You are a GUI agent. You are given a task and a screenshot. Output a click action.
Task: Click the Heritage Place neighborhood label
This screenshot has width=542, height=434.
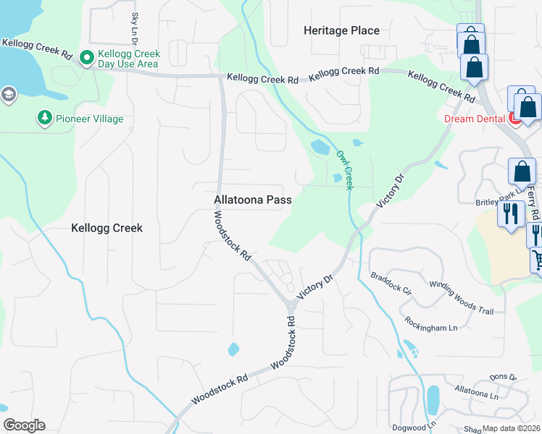click(341, 30)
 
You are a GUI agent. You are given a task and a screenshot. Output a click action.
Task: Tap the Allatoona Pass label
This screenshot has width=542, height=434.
click(253, 200)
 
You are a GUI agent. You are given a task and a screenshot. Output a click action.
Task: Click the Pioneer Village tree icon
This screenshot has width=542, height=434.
click(44, 118)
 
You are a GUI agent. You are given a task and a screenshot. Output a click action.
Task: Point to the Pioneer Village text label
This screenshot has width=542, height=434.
click(89, 119)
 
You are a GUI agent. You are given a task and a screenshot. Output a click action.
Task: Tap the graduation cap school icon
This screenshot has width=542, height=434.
click(8, 95)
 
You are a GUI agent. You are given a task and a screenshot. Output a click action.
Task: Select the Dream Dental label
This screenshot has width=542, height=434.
click(474, 118)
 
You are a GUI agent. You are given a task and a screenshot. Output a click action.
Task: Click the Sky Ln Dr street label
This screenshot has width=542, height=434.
click(135, 30)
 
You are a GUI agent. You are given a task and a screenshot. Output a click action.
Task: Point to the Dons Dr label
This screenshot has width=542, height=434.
click(501, 377)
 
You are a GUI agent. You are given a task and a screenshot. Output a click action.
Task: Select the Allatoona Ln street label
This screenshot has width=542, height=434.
click(475, 393)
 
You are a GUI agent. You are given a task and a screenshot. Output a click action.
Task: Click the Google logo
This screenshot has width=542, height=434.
click(24, 425)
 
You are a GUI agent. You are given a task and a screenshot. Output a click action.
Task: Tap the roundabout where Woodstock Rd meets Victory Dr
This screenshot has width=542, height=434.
click(291, 306)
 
